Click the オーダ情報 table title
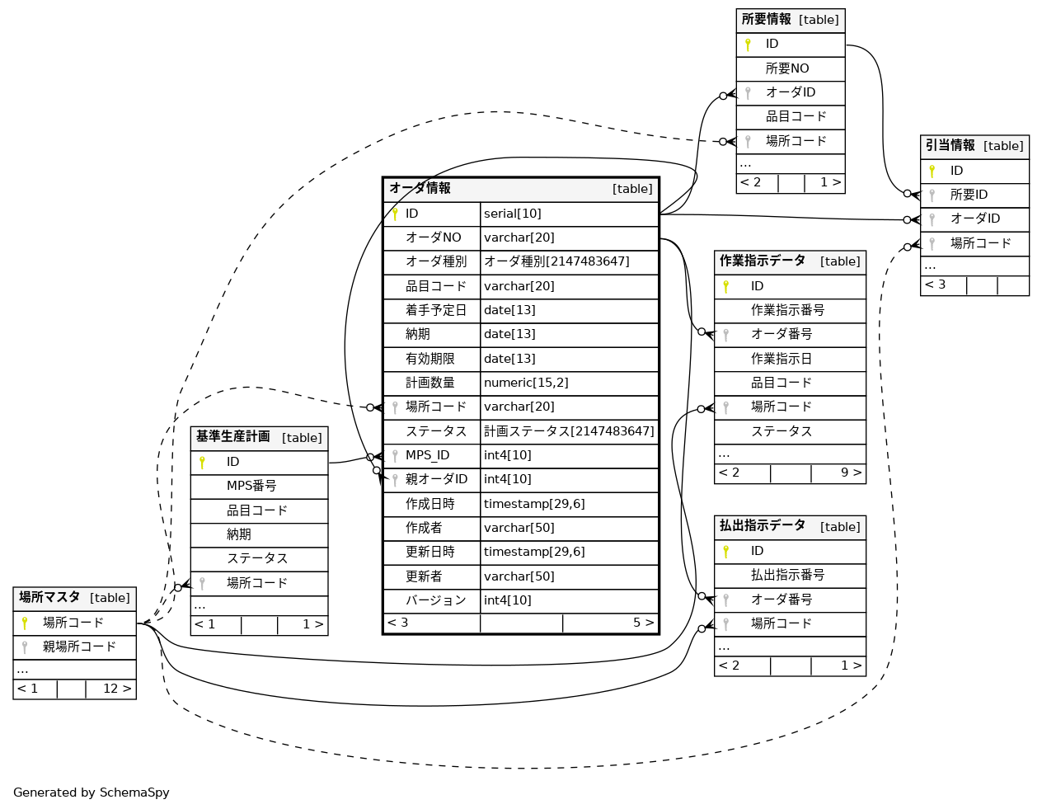tap(420, 189)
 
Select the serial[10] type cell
tap(513, 214)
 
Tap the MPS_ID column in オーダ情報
tap(428, 455)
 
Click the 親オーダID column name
tap(436, 479)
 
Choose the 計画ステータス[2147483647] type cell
tap(569, 431)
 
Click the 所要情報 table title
tap(766, 20)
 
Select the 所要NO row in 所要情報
tap(787, 68)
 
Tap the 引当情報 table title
tap(950, 146)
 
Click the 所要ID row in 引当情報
tap(969, 195)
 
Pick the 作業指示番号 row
tap(787, 310)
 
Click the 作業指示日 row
tap(781, 359)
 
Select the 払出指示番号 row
tap(787, 575)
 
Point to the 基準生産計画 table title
tap(233, 437)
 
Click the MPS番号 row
tap(251, 486)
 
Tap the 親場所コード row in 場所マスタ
tap(79, 647)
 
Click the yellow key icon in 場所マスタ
tap(25, 623)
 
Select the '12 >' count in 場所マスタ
tap(116, 689)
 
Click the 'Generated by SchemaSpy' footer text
tap(92, 793)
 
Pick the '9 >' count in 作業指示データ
tap(851, 473)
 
